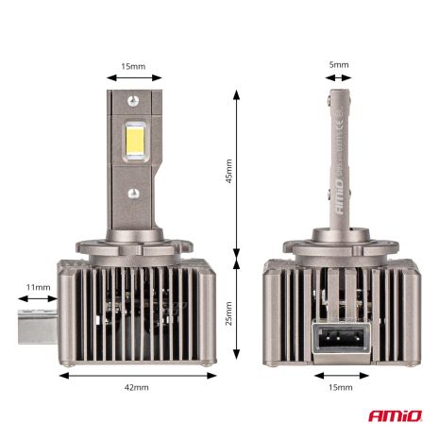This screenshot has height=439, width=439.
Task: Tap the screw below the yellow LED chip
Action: (x=135, y=194)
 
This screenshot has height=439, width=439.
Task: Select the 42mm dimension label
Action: (x=136, y=388)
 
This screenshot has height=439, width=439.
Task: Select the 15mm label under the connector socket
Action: (x=340, y=388)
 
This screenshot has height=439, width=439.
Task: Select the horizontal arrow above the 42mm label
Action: (x=136, y=374)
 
